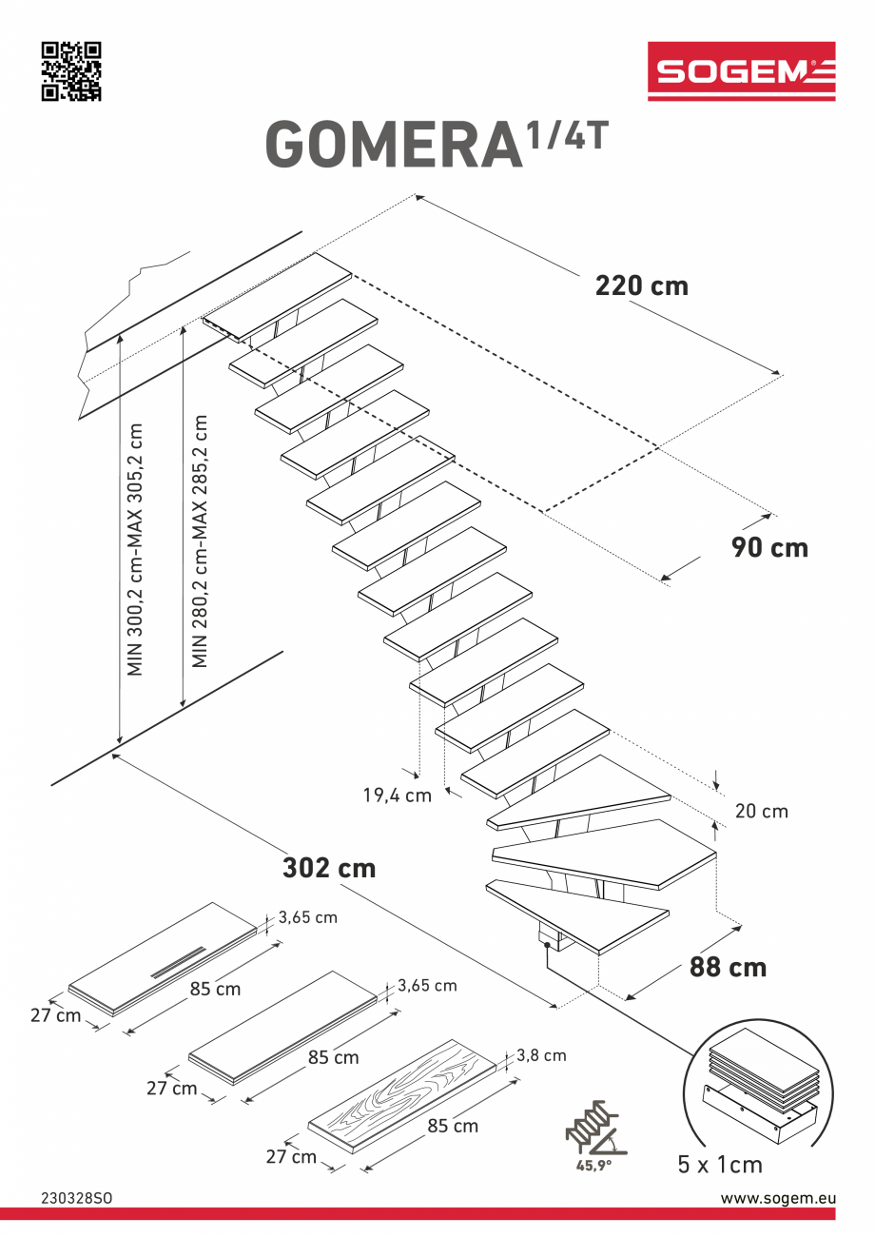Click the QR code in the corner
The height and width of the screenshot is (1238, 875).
click(x=71, y=71)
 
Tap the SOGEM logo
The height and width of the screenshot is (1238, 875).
click(x=741, y=71)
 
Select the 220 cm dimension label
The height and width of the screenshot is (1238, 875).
click(x=641, y=285)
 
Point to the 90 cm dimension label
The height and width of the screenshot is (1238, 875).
click(x=769, y=547)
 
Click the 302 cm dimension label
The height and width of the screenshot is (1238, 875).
click(x=329, y=868)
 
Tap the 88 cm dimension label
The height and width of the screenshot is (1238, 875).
click(x=728, y=967)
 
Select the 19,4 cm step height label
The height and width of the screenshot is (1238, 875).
click(x=397, y=795)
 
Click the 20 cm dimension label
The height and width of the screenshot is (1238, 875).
click(x=761, y=812)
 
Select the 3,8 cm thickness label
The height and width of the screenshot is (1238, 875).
click(x=541, y=1055)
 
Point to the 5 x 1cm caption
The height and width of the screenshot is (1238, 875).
click(x=719, y=1165)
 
